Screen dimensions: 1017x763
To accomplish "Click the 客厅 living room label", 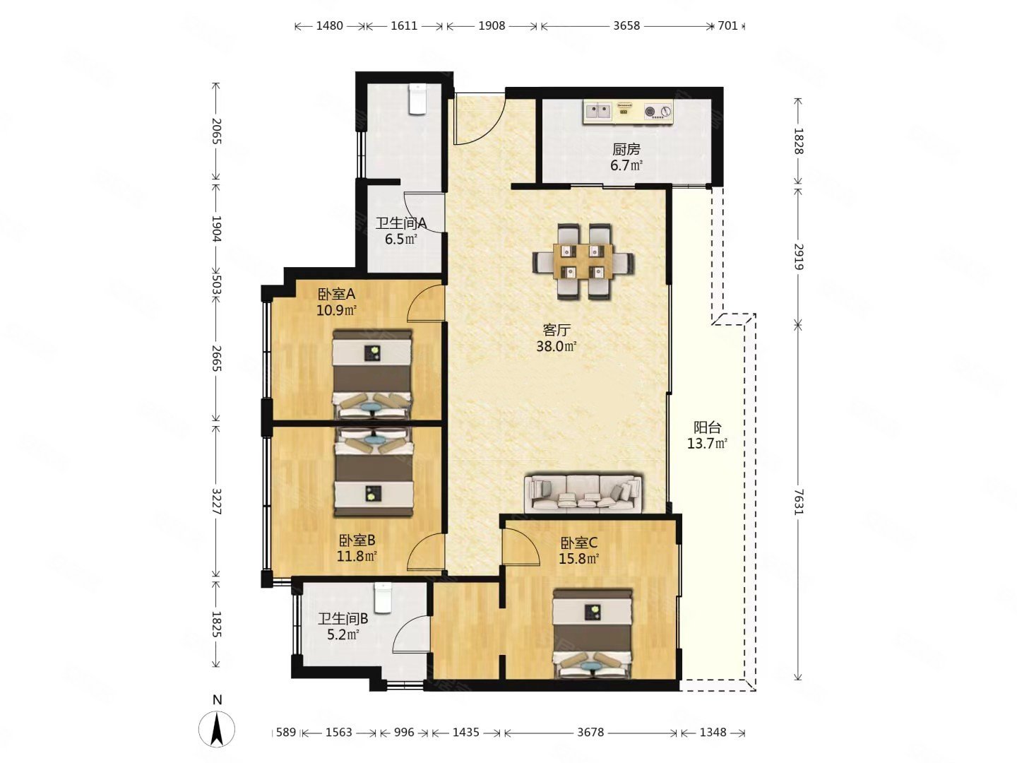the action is (556, 330).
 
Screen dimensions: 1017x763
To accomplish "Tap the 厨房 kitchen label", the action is (626, 149).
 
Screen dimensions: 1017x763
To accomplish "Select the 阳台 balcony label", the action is (707, 427).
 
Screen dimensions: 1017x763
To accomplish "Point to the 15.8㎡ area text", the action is (578, 559).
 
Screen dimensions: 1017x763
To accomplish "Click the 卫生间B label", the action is (343, 618).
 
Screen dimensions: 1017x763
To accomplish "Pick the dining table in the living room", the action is (583, 263).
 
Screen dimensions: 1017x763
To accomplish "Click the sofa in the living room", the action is (583, 493).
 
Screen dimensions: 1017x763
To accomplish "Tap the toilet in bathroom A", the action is (417, 99).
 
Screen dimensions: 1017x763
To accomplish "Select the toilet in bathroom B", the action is (383, 597).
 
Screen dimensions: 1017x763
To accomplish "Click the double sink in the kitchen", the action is (599, 111).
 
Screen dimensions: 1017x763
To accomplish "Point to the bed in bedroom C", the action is (593, 634).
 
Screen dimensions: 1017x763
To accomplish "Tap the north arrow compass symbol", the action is (217, 728).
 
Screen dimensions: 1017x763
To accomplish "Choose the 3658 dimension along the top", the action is (626, 26).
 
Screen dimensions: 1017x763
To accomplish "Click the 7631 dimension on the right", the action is (798, 502).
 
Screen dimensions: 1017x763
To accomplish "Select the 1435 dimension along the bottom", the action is (465, 733).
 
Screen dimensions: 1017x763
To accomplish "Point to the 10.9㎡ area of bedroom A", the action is (336, 310).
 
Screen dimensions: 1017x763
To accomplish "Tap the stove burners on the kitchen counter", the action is (658, 111).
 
